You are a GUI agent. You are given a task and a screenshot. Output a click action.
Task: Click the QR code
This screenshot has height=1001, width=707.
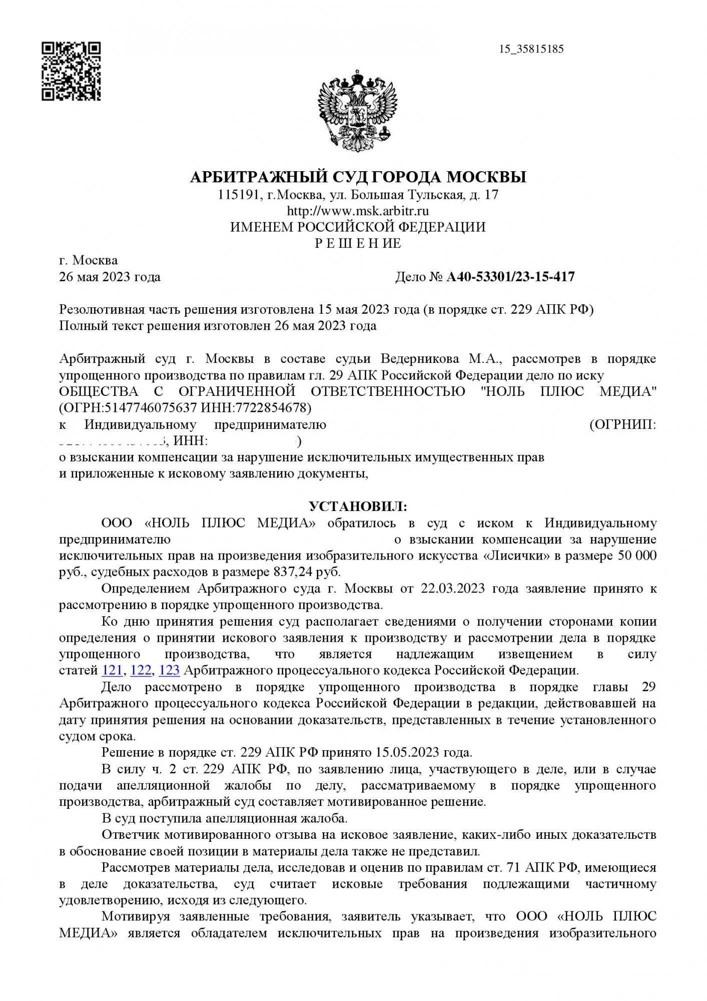point(71,72)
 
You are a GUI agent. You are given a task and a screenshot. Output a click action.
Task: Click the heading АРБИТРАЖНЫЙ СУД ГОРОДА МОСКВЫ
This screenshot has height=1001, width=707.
point(358,177)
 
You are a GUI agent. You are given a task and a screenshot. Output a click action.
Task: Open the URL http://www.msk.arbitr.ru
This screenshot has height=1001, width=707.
point(358,211)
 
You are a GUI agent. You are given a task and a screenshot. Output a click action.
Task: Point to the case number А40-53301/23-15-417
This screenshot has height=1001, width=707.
point(510,277)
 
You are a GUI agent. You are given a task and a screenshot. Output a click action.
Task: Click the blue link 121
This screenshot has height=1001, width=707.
point(112,670)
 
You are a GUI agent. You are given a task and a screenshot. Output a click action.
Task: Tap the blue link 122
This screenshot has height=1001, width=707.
point(141,670)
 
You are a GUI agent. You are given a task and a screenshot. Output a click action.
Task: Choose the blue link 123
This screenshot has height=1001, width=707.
point(169,670)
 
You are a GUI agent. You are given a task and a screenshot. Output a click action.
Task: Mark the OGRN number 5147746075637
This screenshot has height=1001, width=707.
point(150,408)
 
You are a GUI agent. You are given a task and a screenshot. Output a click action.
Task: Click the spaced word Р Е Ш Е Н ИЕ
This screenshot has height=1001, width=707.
point(358,244)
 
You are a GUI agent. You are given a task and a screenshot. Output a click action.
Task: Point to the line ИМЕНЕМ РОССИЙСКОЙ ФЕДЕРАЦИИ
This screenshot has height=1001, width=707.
point(358,227)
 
